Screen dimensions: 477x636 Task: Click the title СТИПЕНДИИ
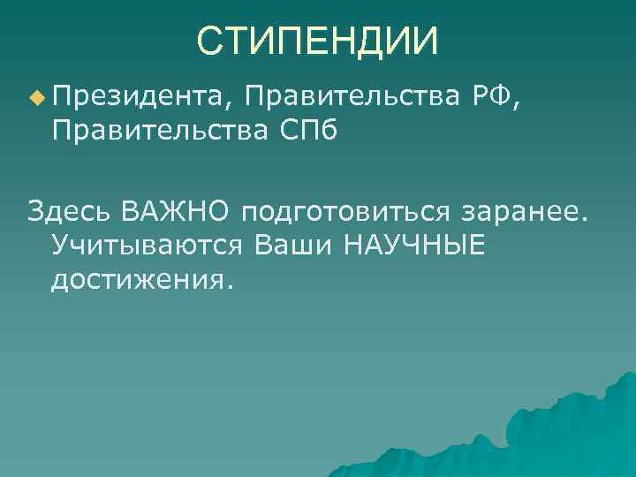[317, 41]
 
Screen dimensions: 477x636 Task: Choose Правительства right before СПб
[160, 130]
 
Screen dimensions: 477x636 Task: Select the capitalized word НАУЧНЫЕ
[415, 246]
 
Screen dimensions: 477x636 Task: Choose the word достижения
[139, 281]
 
